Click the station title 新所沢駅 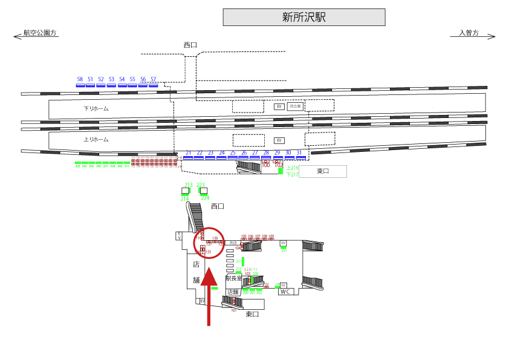click(304, 18)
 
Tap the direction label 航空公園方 click(40, 33)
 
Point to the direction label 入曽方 click(468, 33)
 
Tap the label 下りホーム click(96, 109)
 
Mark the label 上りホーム click(96, 139)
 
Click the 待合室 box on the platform click(296, 106)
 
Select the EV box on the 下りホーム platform click(279, 106)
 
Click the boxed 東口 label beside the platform click(323, 171)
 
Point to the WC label click(285, 292)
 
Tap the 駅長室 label click(234, 279)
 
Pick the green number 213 click(188, 185)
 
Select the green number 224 click(205, 198)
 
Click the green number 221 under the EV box click(284, 250)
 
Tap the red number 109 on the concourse click(271, 237)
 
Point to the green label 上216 click(292, 168)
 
